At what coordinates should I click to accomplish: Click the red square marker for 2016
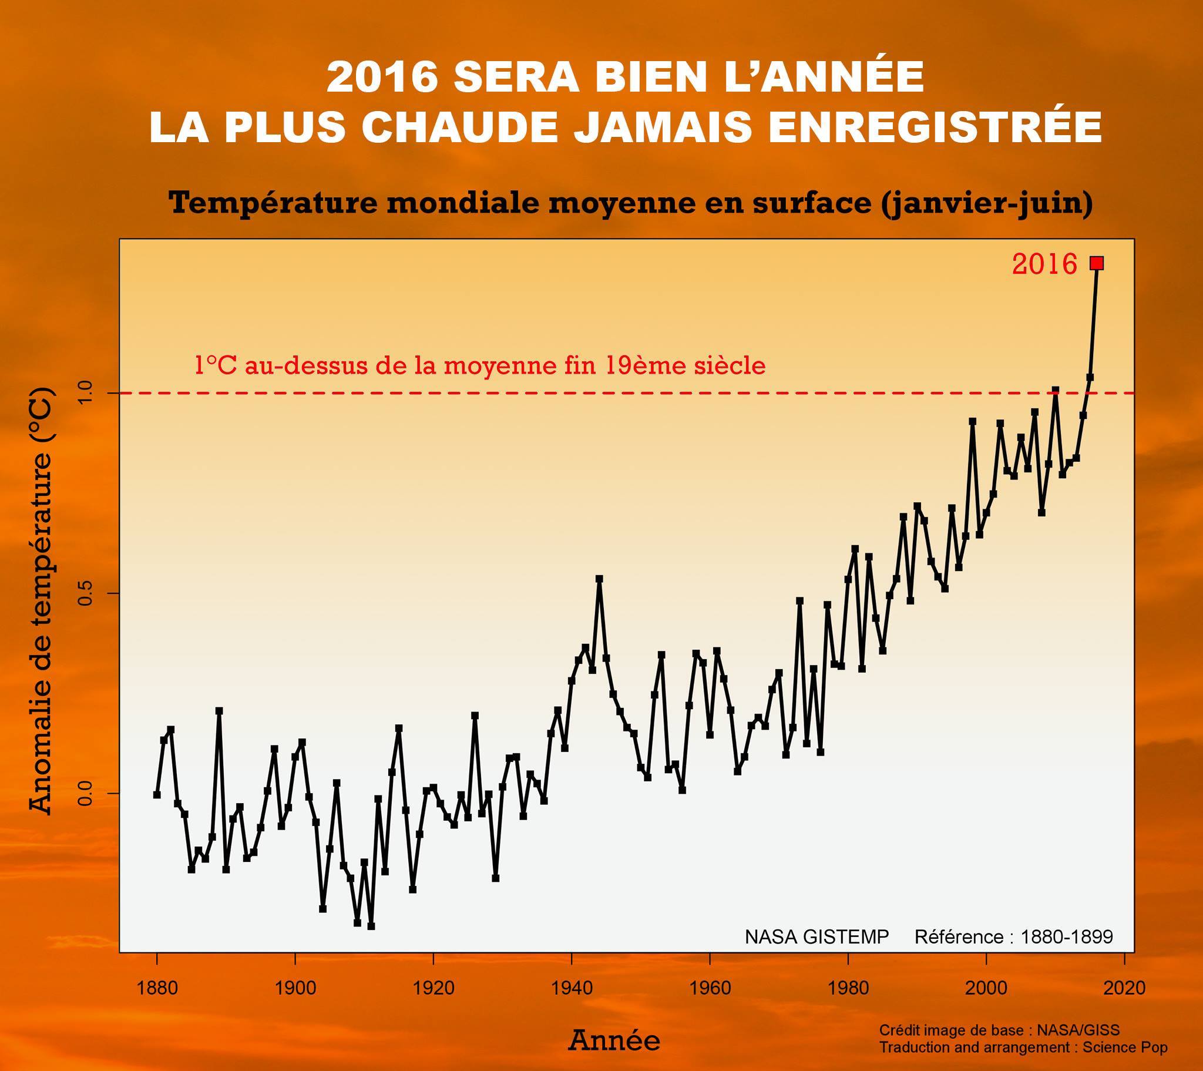click(x=1097, y=263)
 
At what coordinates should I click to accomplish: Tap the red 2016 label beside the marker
click(x=1044, y=264)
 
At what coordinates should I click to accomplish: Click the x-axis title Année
click(x=613, y=1041)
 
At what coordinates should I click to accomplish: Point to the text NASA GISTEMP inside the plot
click(x=817, y=936)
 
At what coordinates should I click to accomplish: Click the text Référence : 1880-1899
click(x=1013, y=936)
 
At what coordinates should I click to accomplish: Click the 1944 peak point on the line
click(x=599, y=579)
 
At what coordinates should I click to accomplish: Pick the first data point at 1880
click(x=157, y=795)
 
